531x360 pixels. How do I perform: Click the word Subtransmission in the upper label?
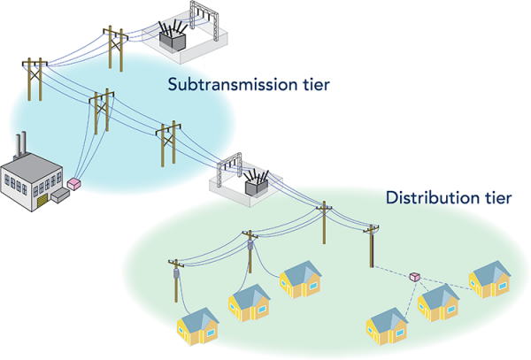click(220, 86)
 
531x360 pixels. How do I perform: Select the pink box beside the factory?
click(74, 183)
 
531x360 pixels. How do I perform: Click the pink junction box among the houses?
click(414, 277)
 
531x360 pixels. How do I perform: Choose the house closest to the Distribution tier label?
click(489, 280)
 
